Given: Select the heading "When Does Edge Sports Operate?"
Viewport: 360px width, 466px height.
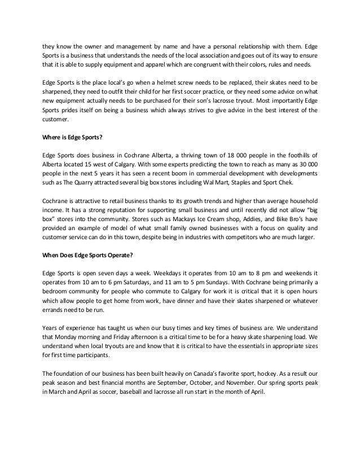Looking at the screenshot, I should [87, 256].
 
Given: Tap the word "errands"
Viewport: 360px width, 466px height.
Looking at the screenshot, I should [54, 312].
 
